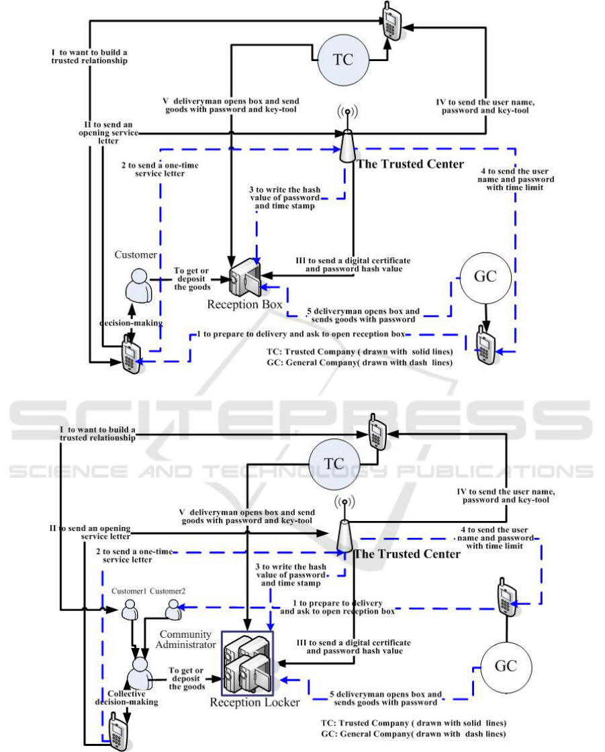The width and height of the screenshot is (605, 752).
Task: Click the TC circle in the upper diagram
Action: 342,59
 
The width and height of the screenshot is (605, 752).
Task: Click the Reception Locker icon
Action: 248,663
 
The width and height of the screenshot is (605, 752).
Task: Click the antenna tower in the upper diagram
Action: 347,136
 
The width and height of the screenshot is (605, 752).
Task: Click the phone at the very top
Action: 390,22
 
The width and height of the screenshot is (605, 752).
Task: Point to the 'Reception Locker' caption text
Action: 255,703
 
